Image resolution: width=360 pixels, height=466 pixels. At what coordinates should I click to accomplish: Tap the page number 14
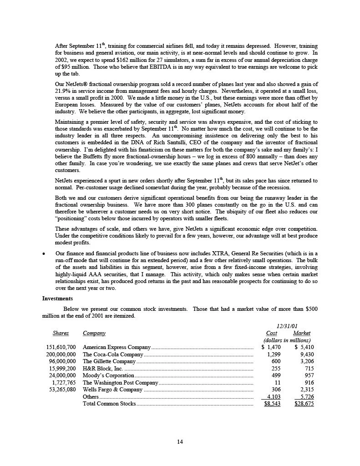180,441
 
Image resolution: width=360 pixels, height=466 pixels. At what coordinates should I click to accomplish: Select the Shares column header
61,333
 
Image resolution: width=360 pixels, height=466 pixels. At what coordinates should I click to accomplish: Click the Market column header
301,333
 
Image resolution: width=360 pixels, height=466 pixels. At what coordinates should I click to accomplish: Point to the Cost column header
271,333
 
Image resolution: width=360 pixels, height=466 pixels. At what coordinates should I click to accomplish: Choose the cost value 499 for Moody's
274,375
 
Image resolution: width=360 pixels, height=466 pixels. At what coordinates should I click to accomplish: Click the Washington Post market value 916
308,383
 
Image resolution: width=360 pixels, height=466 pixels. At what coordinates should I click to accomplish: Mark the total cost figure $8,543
272,404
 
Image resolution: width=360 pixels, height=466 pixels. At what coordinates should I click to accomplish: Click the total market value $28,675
304,404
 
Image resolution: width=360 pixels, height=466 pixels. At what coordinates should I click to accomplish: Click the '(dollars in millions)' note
287,340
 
